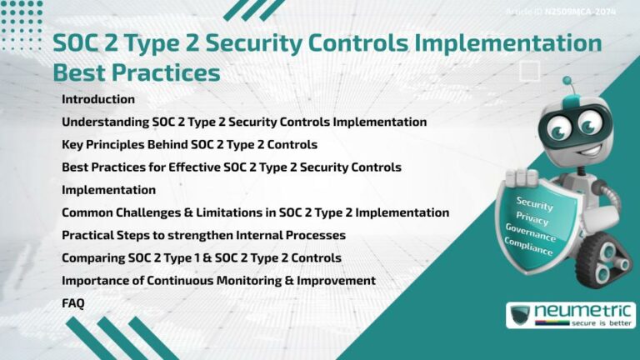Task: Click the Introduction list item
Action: (x=98, y=99)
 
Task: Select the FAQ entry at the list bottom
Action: (x=73, y=303)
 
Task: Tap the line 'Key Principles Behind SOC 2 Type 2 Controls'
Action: (x=189, y=144)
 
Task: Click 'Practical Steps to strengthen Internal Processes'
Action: (x=203, y=235)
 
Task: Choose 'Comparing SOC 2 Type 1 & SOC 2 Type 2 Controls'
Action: (x=201, y=257)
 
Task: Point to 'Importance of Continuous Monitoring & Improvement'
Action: (x=218, y=280)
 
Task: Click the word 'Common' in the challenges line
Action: (x=87, y=212)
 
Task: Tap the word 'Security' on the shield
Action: (x=534, y=202)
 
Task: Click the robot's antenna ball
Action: (x=567, y=82)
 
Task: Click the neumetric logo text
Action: (x=583, y=310)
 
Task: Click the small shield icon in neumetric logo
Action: (x=520, y=315)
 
